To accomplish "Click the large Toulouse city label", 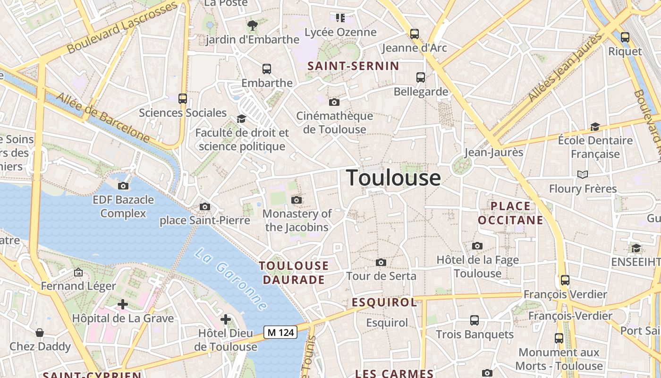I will (x=394, y=178).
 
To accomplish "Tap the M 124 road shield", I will (x=280, y=333).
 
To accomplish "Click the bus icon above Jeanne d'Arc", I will (x=414, y=34).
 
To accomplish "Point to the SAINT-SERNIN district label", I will (x=353, y=66).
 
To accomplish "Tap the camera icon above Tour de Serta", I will (x=381, y=262).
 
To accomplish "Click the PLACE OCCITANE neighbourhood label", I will (x=510, y=213).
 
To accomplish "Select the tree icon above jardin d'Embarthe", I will (x=253, y=25).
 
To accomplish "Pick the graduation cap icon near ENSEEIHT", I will (x=636, y=249).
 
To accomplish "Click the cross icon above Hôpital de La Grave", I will (x=123, y=304).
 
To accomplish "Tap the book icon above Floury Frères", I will (x=583, y=175).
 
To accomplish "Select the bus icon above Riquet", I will (x=625, y=37).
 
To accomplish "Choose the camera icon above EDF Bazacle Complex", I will (x=123, y=186).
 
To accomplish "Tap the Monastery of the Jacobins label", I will (x=297, y=220).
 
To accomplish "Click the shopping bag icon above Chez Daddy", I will (x=40, y=333).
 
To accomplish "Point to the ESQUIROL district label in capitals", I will (x=384, y=302).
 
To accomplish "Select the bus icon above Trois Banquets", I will (x=475, y=320).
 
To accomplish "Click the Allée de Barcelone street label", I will (x=103, y=118).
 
